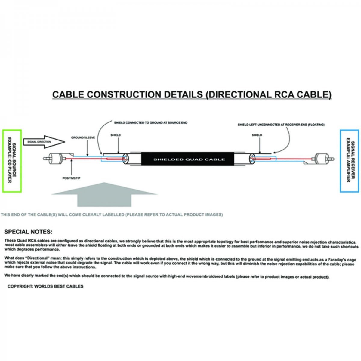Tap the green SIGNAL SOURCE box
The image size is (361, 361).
[12, 161]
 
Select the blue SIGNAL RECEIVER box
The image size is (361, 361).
[350, 161]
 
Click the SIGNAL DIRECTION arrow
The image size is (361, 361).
[44, 142]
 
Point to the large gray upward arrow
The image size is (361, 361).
[104, 194]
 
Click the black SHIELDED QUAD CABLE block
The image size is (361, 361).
[187, 159]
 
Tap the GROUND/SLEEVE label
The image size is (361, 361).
[83, 138]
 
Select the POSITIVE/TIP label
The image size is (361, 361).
[71, 178]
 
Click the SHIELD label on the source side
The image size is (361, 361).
[116, 135]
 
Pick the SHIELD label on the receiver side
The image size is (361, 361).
[257, 135]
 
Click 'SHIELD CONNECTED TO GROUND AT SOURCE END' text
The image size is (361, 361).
[151, 123]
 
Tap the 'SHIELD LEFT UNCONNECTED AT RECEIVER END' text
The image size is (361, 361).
[281, 125]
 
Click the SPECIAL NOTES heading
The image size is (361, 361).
[28, 232]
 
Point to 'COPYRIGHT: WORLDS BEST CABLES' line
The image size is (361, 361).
[45, 292]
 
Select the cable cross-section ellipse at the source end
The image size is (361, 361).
[125, 159]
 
